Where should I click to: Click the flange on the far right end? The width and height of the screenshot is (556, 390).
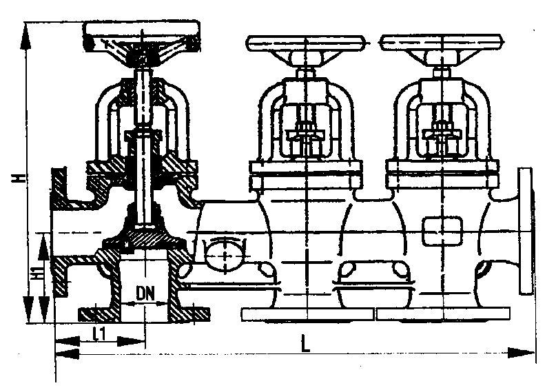coord(526,231)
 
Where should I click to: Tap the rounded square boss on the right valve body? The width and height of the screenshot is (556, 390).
coord(442,232)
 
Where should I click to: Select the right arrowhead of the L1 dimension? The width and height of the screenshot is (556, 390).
coord(132,342)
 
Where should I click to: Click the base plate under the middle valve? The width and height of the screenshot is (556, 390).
coord(307,314)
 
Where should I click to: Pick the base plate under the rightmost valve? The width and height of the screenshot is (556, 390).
coord(444,314)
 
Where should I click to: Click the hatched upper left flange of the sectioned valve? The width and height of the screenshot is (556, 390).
coord(59,187)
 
